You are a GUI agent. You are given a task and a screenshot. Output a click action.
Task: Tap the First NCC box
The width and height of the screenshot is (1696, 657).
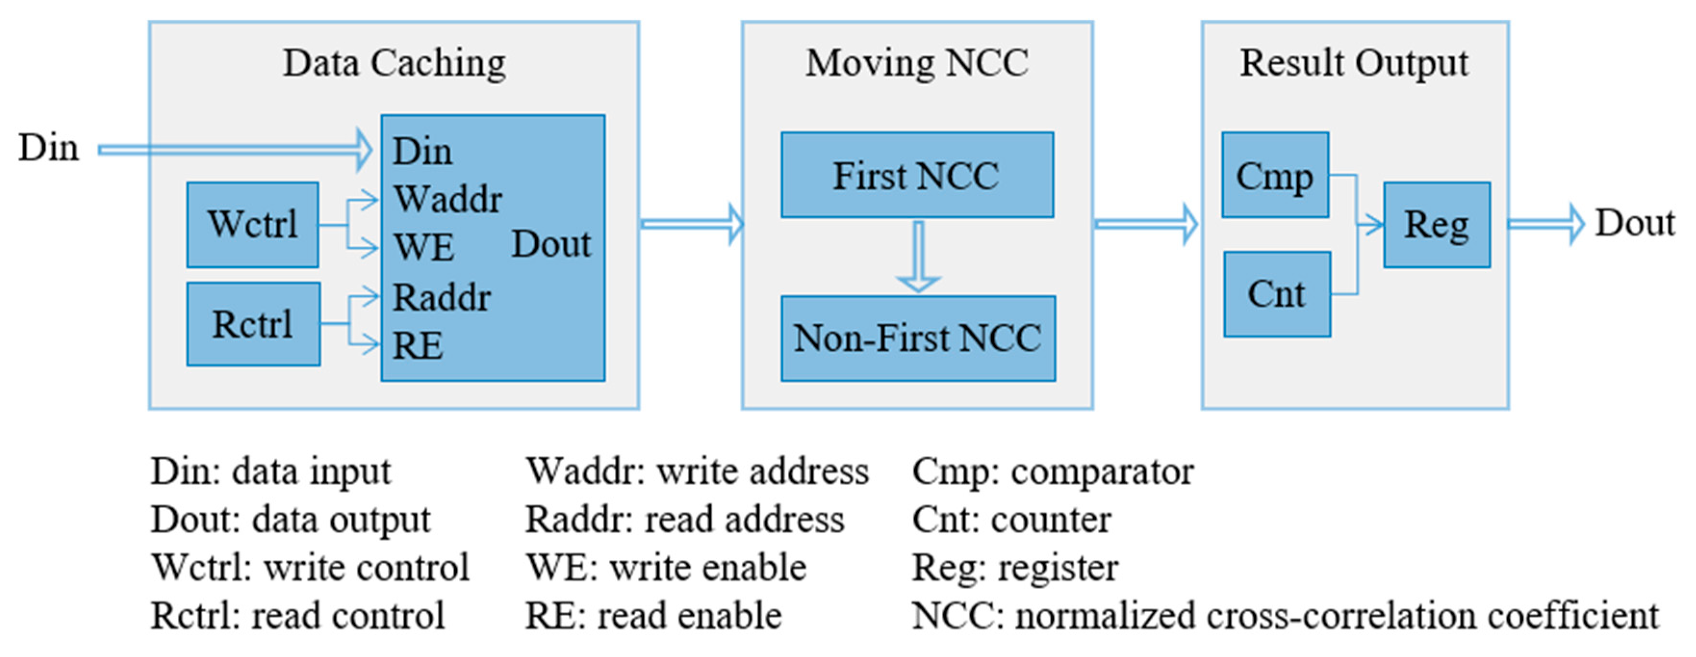point(917,175)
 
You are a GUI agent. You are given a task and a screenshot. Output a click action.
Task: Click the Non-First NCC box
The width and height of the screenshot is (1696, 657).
point(918,338)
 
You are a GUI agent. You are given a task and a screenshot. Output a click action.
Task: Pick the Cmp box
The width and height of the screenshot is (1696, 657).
point(1275,175)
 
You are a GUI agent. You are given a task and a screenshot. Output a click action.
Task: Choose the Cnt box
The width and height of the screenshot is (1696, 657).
point(1276,294)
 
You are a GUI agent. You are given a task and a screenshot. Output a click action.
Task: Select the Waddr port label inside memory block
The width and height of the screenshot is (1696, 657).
point(448,199)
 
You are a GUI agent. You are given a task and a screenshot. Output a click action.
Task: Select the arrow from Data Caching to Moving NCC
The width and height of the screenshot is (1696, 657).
point(691,224)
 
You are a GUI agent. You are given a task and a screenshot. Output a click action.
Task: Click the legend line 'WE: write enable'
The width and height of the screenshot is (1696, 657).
point(665,567)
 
